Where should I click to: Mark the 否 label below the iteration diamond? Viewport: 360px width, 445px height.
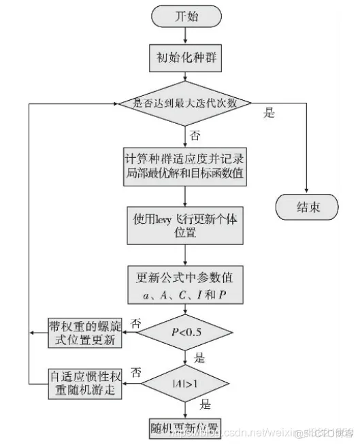point(195,135)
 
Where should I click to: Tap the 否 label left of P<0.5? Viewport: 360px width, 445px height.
point(136,322)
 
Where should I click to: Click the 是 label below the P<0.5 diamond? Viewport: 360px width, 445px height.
point(200,357)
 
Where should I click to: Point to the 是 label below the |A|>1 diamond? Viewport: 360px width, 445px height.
point(204,405)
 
